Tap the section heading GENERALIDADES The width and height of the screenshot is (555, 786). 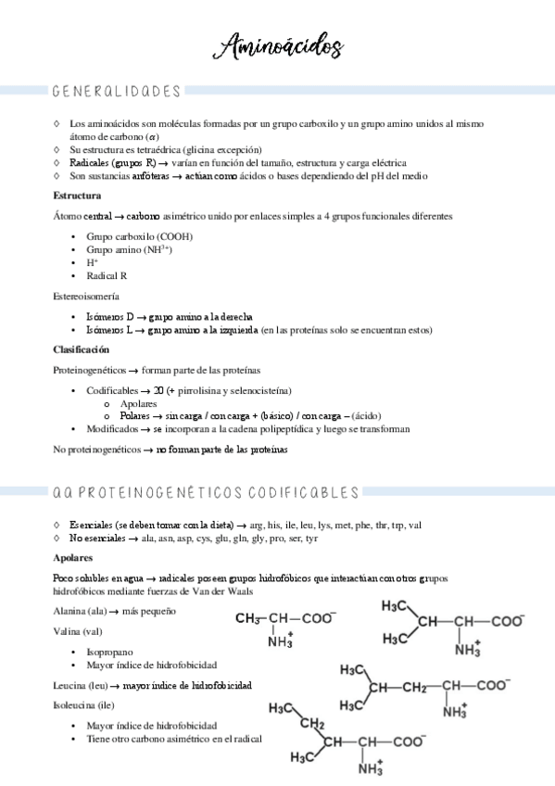click(x=117, y=92)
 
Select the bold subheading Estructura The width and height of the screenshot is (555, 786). click(x=78, y=196)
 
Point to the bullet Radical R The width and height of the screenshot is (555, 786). click(x=107, y=276)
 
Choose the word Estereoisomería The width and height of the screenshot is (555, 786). click(x=86, y=296)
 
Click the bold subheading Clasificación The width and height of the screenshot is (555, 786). click(x=82, y=349)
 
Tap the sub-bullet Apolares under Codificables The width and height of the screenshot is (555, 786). click(x=138, y=403)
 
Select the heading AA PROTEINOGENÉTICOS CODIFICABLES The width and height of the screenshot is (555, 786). click(x=206, y=492)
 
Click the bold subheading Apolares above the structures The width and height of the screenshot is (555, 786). click(x=73, y=559)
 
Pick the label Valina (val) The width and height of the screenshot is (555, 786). click(x=78, y=631)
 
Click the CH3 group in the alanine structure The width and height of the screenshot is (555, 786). click(x=249, y=618)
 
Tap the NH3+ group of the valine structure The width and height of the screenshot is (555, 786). click(x=467, y=649)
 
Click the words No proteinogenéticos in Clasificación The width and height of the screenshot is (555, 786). click(x=96, y=450)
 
